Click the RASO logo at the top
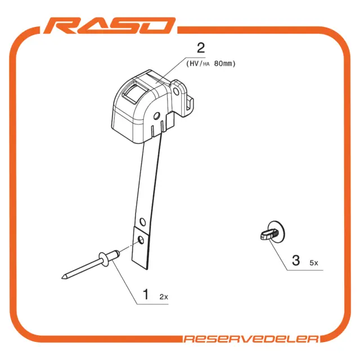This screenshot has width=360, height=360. [110, 26]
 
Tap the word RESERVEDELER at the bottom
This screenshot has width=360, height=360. [251, 339]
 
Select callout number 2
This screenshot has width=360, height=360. [201, 48]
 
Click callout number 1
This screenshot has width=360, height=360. [146, 294]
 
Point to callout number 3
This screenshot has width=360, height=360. [296, 260]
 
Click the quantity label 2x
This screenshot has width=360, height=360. [164, 297]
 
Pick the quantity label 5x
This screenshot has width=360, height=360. [314, 263]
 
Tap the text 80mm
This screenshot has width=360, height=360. [223, 64]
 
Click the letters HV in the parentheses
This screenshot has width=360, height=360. [194, 64]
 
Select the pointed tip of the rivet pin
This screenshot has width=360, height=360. [62, 278]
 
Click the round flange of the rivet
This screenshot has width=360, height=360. [104, 259]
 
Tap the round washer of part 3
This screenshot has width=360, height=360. [277, 232]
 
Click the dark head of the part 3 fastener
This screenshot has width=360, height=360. [266, 236]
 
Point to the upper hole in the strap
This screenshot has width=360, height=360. [143, 222]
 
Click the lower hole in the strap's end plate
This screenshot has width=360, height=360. [141, 240]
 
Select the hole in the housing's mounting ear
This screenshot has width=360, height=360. [176, 92]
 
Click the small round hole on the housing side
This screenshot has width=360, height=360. [156, 116]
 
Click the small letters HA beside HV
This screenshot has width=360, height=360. [206, 64]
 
